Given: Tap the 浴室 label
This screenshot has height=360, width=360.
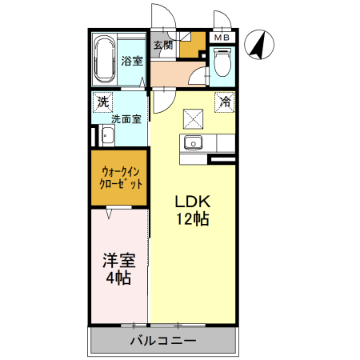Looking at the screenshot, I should [131, 61].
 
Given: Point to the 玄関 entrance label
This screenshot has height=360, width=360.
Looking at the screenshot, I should [162, 45].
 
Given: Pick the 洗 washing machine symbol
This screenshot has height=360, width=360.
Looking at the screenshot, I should [102, 102].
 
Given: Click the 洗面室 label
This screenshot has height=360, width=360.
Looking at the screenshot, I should [126, 119].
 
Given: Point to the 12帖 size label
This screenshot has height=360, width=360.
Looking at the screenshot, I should [192, 219].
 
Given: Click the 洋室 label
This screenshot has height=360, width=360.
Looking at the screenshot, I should [118, 261].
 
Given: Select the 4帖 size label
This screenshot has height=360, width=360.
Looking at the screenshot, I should [118, 279].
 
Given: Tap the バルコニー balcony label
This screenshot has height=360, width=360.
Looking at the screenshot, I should [163, 341].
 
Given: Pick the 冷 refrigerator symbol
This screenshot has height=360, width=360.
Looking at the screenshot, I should [226, 102].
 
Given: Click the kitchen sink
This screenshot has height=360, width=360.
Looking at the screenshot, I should [193, 144].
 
